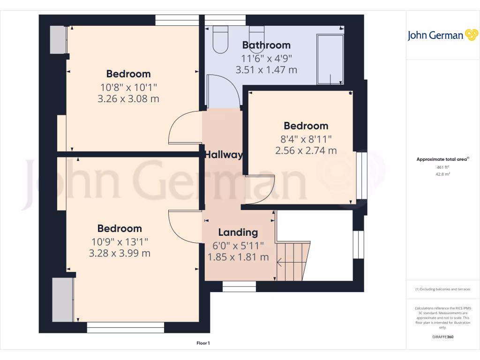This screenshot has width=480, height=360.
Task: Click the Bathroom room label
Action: click(x=266, y=45)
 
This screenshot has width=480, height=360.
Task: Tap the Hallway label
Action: click(x=224, y=155)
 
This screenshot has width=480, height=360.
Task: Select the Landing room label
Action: click(x=238, y=232)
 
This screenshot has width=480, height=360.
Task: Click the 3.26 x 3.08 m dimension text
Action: click(x=128, y=99)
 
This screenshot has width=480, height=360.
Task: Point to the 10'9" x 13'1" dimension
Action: click(x=120, y=241)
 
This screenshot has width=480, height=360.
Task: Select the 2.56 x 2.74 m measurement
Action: click(x=306, y=150)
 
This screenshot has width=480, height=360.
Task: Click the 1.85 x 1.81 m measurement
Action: click(x=238, y=257)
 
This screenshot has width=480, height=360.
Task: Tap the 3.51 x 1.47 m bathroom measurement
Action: click(x=266, y=70)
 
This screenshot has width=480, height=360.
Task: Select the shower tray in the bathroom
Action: click(x=330, y=59)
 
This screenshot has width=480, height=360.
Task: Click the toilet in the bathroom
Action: click(x=220, y=38)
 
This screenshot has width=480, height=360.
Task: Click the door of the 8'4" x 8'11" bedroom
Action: click(x=260, y=190)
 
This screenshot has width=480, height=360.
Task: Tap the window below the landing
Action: click(x=239, y=286)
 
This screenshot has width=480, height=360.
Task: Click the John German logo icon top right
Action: click(x=471, y=35)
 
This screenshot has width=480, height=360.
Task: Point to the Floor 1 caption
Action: click(x=203, y=344)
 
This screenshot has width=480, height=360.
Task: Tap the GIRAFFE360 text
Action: click(x=442, y=337)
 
